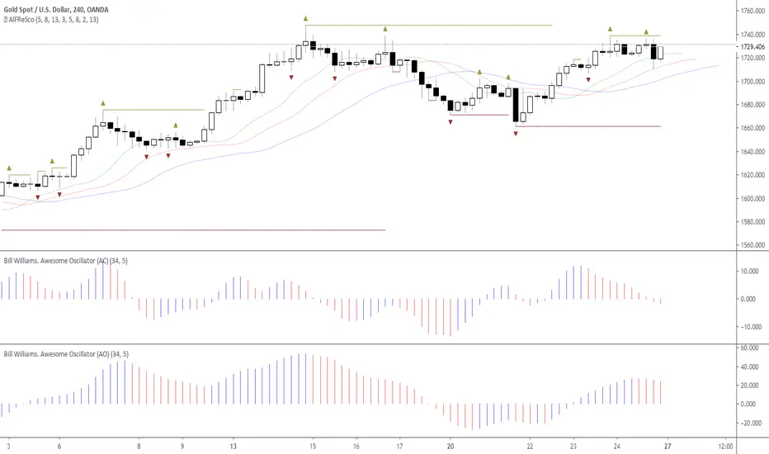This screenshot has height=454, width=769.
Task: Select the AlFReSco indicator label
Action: point(54,20)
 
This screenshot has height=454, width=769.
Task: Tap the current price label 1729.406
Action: point(752,46)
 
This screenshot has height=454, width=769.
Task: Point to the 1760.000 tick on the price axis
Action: point(752,11)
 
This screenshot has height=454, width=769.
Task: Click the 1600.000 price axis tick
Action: point(752,198)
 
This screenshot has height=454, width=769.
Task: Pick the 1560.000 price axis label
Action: point(752,245)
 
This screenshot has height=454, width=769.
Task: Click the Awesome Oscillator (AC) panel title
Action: point(66,261)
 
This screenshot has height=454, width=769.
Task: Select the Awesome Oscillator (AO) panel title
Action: point(66,354)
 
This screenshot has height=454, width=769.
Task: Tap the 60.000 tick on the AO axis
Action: point(749,348)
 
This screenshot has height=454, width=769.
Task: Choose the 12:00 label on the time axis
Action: point(725,446)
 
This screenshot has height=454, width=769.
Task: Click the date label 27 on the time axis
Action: point(668,446)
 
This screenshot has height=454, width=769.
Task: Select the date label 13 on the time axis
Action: point(233,446)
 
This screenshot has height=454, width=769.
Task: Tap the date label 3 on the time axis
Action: point(8,446)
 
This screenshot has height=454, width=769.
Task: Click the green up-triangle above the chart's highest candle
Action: point(305,19)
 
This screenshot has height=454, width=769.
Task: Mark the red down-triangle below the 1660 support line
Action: point(516,133)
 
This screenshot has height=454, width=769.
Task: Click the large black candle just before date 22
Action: point(516,105)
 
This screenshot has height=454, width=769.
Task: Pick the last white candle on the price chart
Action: point(660,53)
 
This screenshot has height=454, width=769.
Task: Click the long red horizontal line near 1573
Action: point(193,229)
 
